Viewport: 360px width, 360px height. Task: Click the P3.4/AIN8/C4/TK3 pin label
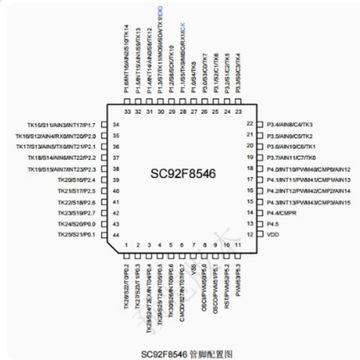[x=291, y=123]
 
